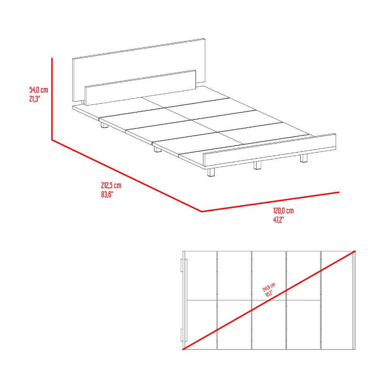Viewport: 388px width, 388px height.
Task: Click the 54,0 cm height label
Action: [x=38, y=90]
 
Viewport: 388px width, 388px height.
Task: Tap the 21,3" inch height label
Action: [x=35, y=99]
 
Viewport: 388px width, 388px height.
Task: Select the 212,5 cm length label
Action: [x=111, y=185]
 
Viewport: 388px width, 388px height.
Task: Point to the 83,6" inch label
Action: [x=107, y=194]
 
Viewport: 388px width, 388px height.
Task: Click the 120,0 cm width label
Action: [x=283, y=211]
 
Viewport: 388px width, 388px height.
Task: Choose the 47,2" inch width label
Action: [x=279, y=220]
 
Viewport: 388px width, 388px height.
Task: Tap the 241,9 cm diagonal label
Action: [x=269, y=287]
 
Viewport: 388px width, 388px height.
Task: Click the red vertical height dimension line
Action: [x=52, y=99]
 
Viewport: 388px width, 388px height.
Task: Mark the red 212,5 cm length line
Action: [x=127, y=176]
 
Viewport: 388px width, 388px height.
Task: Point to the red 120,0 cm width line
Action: [x=270, y=202]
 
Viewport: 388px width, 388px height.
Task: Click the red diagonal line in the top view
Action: [x=269, y=300]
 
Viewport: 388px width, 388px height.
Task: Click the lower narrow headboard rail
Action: [x=140, y=88]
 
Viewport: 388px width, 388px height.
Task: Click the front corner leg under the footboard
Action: [x=211, y=173]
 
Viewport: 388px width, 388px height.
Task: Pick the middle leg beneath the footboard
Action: [x=258, y=165]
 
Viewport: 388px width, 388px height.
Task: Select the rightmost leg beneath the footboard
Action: [x=304, y=158]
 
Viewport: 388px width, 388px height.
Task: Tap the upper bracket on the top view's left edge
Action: [x=182, y=265]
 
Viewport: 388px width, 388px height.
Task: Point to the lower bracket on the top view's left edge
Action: [x=182, y=335]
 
